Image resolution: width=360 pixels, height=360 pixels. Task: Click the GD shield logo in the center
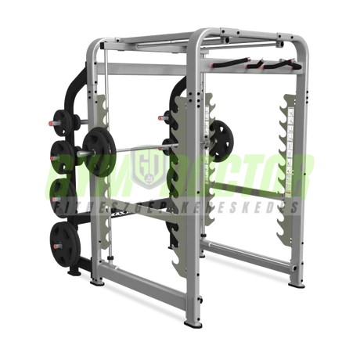point(146,167)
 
